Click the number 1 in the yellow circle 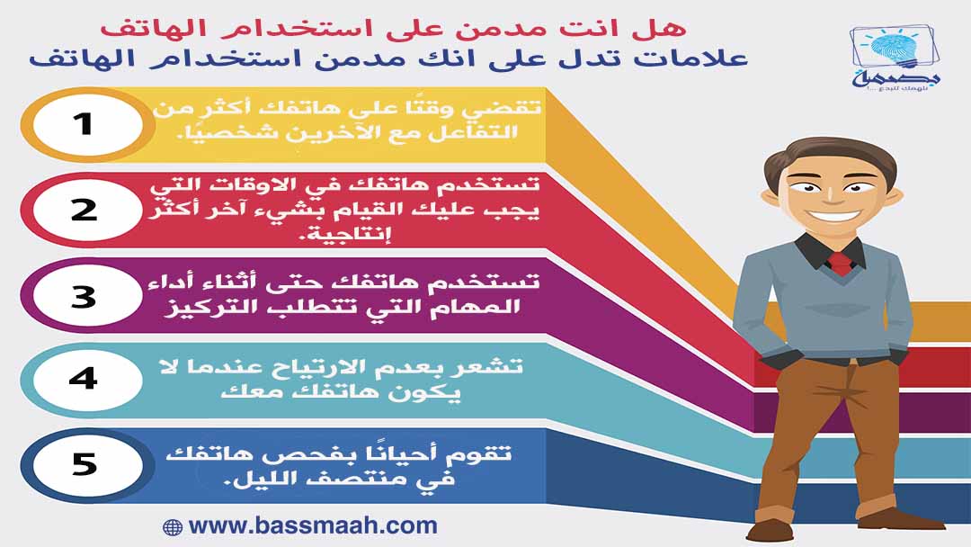(83, 124)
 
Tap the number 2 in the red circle (85, 210)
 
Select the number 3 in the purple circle (84, 297)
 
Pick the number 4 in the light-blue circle (84, 378)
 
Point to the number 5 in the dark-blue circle (85, 464)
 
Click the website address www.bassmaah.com (313, 526)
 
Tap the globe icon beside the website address (172, 527)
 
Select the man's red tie (841, 264)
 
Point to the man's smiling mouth (833, 216)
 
